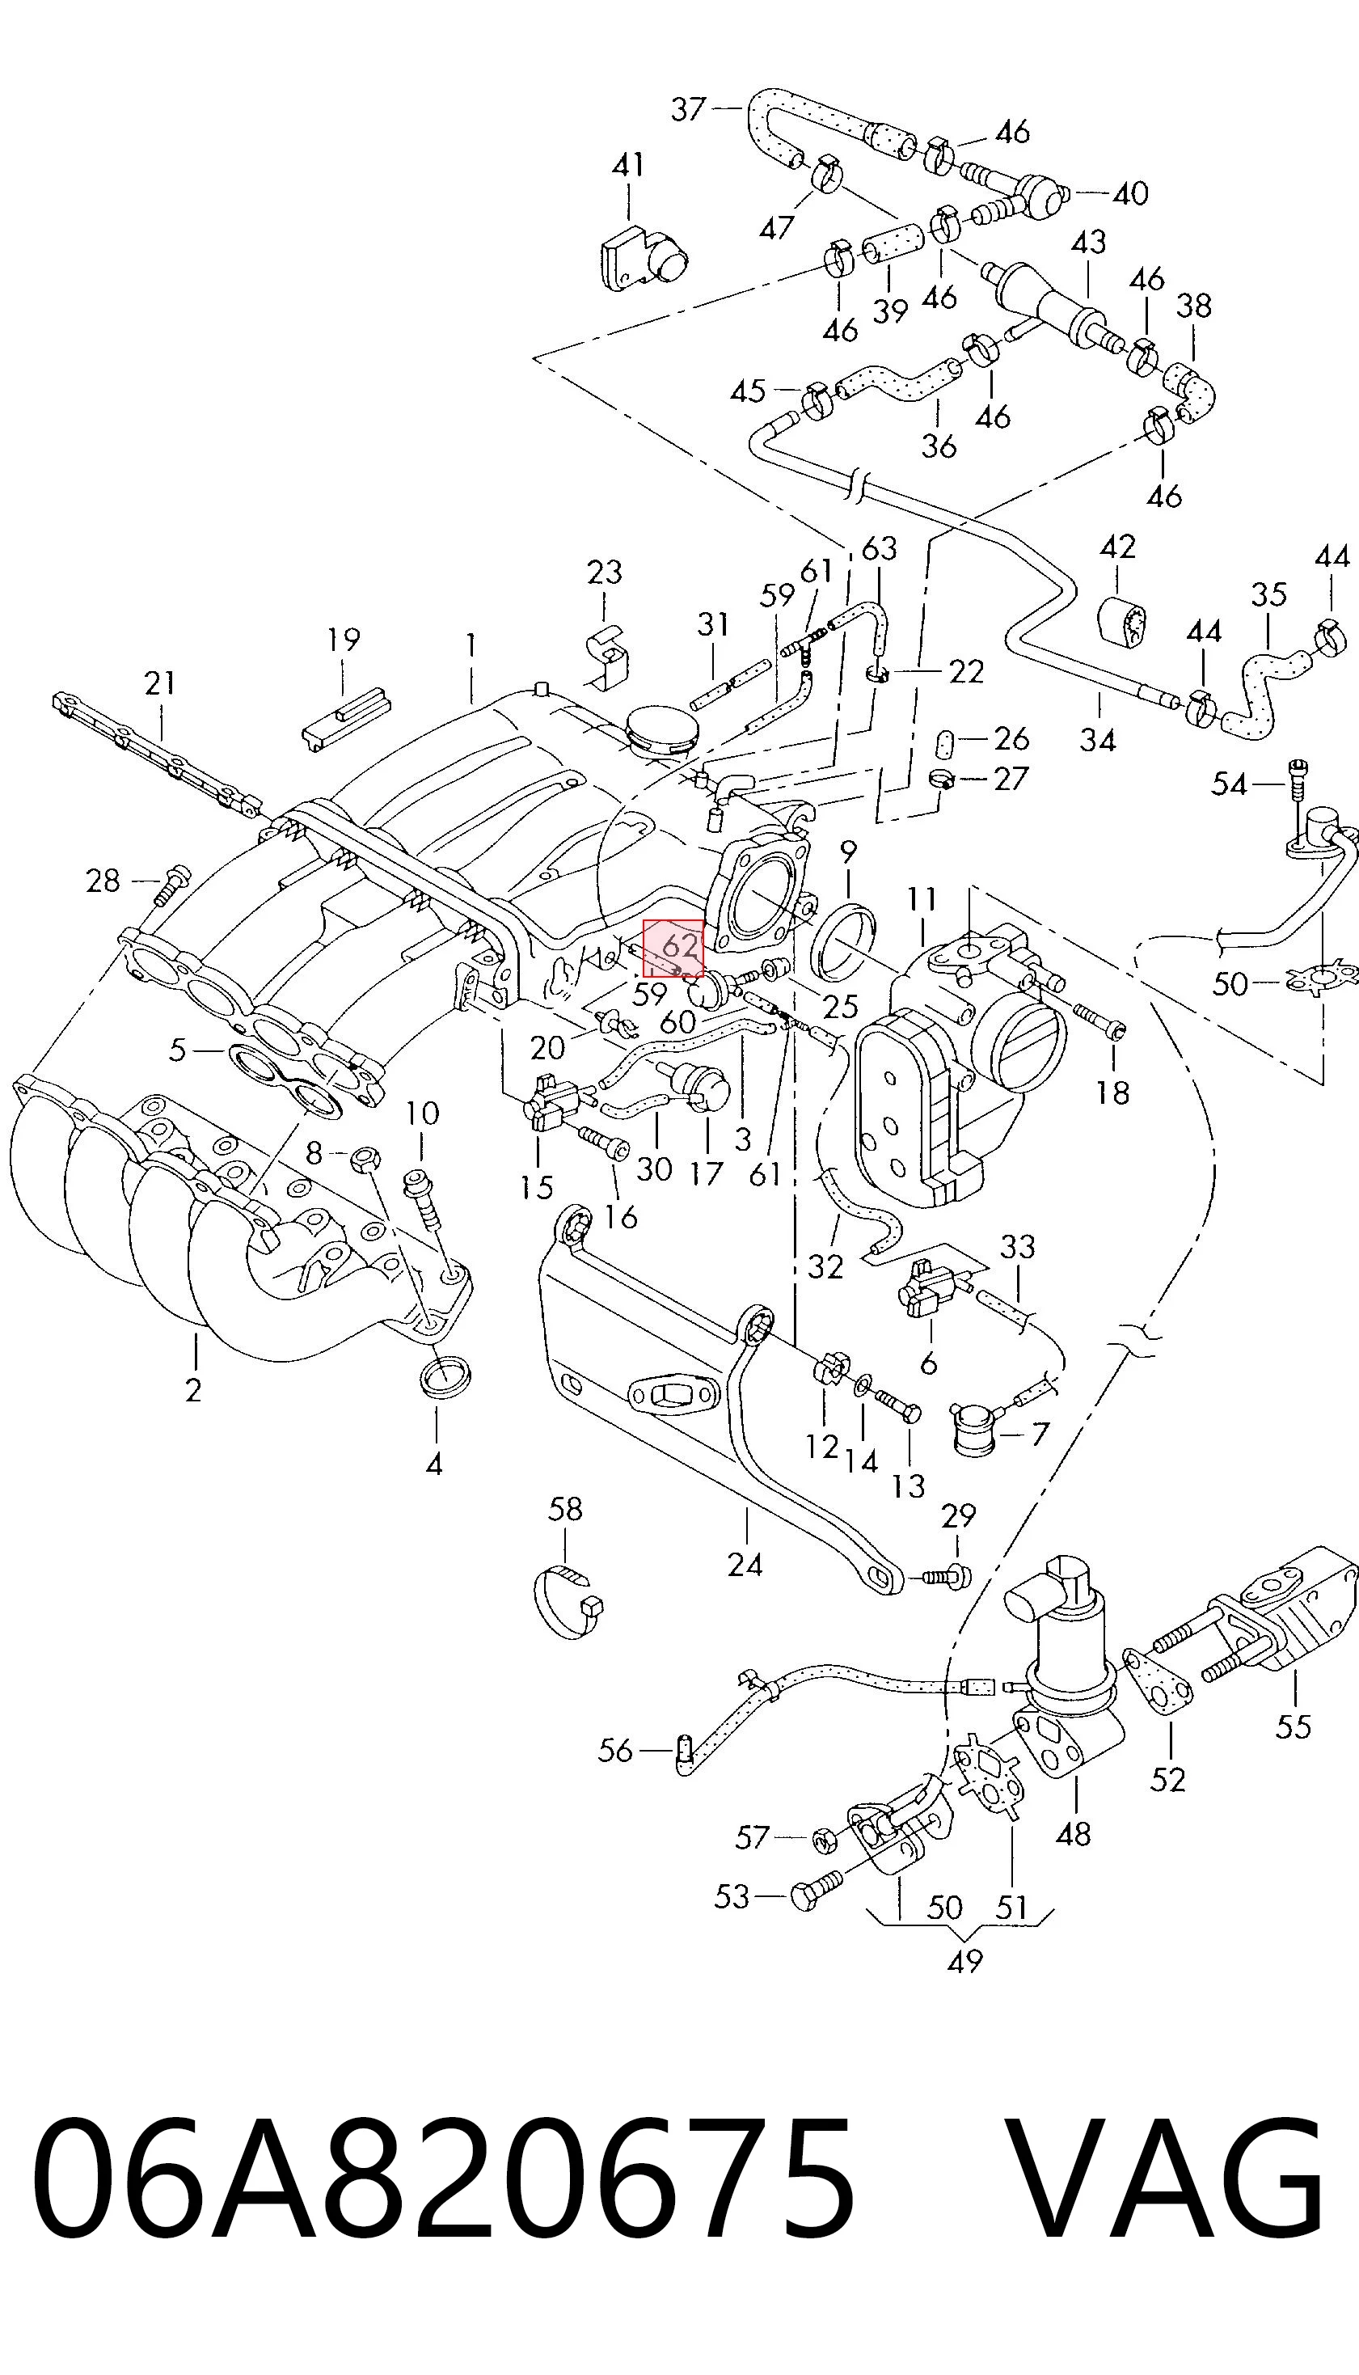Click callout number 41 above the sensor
628,165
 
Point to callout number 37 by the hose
689,109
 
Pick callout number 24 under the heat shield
745,1565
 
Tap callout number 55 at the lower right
1294,1726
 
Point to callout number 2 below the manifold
193,1391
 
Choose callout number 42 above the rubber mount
1118,546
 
